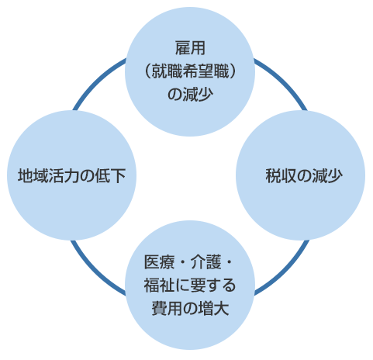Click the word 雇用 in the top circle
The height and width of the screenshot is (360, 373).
coord(190,48)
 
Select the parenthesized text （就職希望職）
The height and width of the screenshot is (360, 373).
coord(190,71)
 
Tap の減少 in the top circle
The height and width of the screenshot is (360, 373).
coord(190,94)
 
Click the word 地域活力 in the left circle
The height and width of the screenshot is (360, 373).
coord(48,175)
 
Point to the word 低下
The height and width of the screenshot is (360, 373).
coord(110,175)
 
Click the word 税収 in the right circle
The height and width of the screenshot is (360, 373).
coord(281,176)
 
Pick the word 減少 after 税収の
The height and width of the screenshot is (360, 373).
coord(327,176)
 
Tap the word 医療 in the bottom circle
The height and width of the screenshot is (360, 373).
coord(159,262)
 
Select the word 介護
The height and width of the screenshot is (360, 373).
coord(205,262)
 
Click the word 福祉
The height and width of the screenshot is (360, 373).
coord(159,286)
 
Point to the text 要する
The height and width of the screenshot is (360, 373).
coord(212,286)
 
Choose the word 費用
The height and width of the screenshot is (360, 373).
coord(167,308)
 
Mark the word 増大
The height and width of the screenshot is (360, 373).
coord(213,308)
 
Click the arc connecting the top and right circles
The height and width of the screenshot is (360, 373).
coord(284,81)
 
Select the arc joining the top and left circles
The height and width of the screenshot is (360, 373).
coord(96,81)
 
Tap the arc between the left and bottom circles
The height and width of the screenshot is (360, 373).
coord(95,271)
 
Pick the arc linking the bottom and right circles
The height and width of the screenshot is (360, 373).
coord(285,271)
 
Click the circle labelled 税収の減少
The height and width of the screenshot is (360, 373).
coord(300,175)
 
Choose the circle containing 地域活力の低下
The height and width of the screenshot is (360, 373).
coord(71,175)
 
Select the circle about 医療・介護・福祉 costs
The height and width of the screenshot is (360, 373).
coord(190,286)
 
